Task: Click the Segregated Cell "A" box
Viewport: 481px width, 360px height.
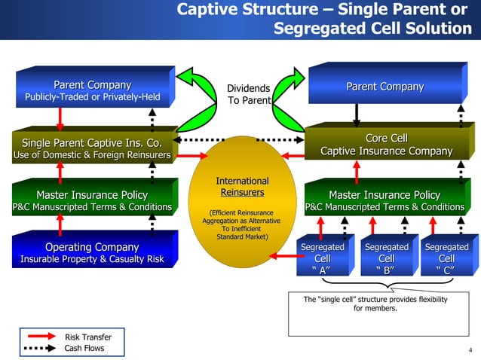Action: [323, 258]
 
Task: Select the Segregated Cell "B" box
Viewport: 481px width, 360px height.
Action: [385, 258]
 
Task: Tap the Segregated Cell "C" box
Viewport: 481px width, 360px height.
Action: [446, 258]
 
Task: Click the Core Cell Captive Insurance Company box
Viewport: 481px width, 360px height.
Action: [386, 145]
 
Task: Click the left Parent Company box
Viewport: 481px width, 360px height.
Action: [92, 91]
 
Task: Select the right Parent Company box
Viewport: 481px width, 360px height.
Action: [384, 87]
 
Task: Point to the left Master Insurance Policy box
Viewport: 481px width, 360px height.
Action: [92, 201]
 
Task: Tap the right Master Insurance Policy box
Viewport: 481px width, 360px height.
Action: [384, 201]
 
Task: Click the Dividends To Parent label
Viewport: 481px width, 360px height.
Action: [248, 94]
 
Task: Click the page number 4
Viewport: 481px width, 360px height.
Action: [470, 349]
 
